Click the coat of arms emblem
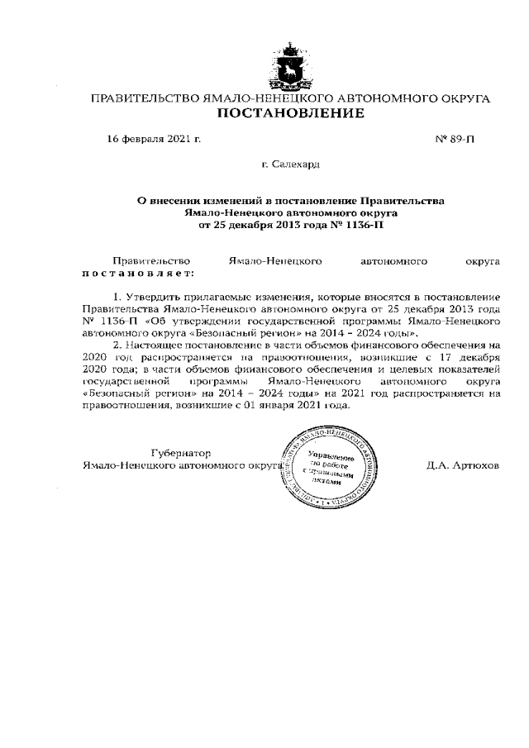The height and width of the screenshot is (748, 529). pos(290,68)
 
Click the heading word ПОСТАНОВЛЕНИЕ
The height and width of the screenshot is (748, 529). pos(289,113)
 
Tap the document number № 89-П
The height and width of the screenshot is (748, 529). pos(455,139)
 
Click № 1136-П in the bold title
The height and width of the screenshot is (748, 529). pos(358,224)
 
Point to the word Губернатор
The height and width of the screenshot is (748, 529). pos(181,453)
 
